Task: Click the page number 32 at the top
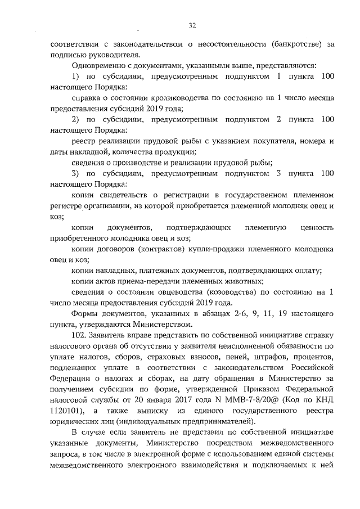click(192, 26)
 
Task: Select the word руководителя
click(114, 55)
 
